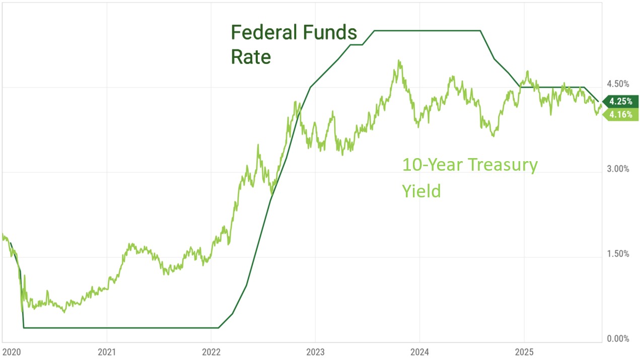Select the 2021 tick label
[106, 350]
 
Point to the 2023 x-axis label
[315, 350]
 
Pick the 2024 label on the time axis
[419, 350]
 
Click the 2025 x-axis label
[524, 350]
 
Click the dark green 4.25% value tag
[620, 101]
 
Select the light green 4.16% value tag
[620, 114]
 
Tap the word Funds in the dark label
[331, 33]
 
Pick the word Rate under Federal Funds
[251, 57]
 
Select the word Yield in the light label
[421, 191]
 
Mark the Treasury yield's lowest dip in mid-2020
[64, 312]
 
